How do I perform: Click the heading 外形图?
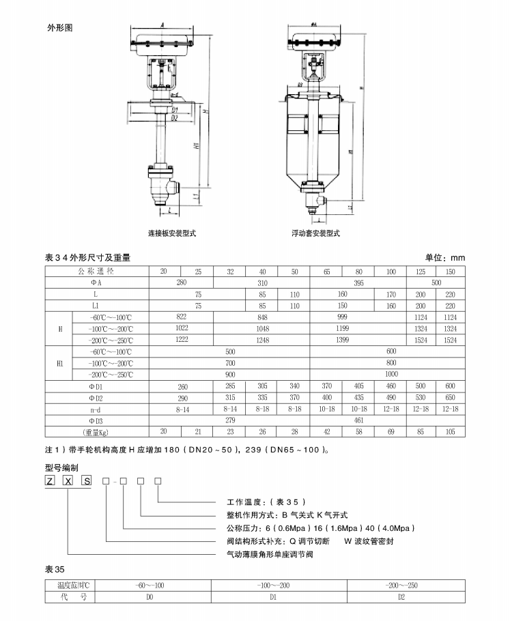pos(59,28)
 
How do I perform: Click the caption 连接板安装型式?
pos(172,233)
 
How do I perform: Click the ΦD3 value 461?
pos(358,420)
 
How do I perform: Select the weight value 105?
pos(449,431)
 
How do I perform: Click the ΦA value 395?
pos(358,282)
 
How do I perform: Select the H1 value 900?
pos(229,375)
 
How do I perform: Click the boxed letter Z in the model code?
pos(50,482)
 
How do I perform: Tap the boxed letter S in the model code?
pos(87,482)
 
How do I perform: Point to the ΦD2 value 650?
pos(449,397)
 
